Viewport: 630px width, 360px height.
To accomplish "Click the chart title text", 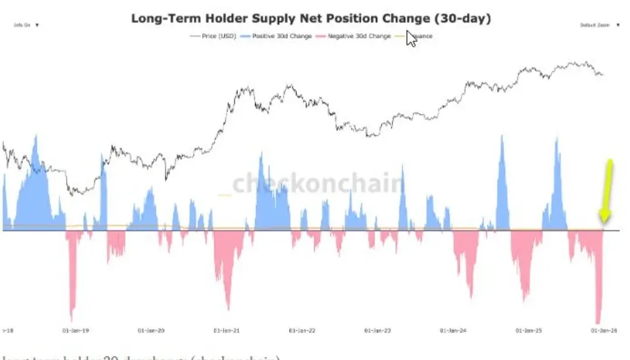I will click(x=311, y=18).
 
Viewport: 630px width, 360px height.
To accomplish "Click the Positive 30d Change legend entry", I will click(x=279, y=36).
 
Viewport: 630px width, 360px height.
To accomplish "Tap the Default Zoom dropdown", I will click(x=598, y=25).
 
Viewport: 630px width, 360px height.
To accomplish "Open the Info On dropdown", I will click(x=26, y=25).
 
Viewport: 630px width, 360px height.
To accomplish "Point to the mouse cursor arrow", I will click(x=411, y=38).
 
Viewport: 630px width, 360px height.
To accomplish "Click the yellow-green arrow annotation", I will click(x=607, y=190).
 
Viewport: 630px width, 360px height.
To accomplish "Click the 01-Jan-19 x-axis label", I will click(x=75, y=330).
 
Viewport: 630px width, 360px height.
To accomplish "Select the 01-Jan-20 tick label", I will click(x=151, y=330).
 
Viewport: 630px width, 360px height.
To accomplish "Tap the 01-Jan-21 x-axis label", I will click(x=227, y=330).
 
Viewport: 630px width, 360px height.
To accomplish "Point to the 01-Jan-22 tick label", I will click(x=302, y=330).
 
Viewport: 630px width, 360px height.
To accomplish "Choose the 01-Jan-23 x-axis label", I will click(x=378, y=330).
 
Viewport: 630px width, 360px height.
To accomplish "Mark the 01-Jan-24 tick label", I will click(x=453, y=330).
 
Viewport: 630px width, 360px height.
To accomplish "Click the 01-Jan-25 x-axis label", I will click(x=528, y=330).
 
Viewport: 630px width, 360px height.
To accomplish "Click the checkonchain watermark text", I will click(x=318, y=184).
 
